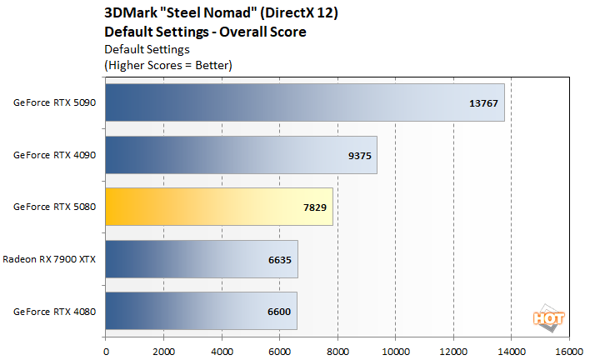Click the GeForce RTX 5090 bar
(304, 102)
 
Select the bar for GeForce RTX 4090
(241, 154)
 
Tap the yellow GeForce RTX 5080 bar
(218, 207)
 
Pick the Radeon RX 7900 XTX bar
(201, 259)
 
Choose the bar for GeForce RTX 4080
(201, 311)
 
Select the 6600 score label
(278, 311)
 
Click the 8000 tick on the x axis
(337, 351)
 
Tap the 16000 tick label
(569, 351)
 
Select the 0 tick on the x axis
(106, 351)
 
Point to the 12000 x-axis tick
(453, 351)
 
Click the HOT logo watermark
(545, 317)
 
